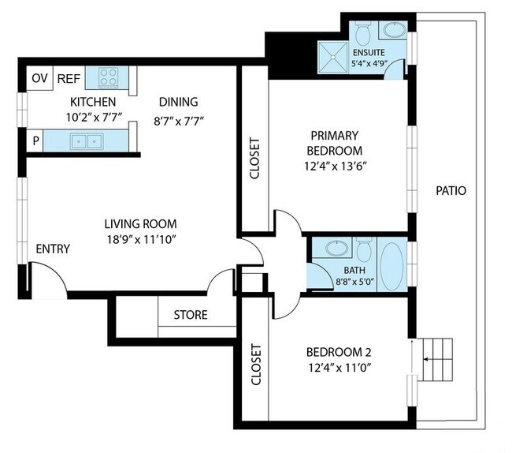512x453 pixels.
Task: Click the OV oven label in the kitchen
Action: point(39,78)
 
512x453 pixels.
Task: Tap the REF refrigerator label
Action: point(69,79)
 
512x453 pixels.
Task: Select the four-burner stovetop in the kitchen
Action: point(109,77)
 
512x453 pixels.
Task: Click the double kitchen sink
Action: point(87,141)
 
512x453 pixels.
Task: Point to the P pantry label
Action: point(36,140)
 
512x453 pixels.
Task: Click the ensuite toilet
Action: point(362,33)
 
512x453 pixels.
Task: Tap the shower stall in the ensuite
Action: point(333,58)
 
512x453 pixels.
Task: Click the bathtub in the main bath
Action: point(392,266)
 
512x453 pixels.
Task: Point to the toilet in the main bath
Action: point(364,250)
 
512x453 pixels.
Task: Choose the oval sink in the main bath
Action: point(336,248)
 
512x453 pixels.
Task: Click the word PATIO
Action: point(451,191)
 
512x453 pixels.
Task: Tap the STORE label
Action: point(191,315)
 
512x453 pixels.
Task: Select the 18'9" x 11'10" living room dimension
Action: point(141,240)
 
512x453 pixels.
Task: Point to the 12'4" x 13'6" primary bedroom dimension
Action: point(336,167)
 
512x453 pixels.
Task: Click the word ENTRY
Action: point(53,249)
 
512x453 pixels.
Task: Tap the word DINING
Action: point(178,102)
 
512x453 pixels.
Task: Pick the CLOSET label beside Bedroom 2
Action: point(256,364)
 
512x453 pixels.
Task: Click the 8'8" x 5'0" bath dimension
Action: point(354,282)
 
